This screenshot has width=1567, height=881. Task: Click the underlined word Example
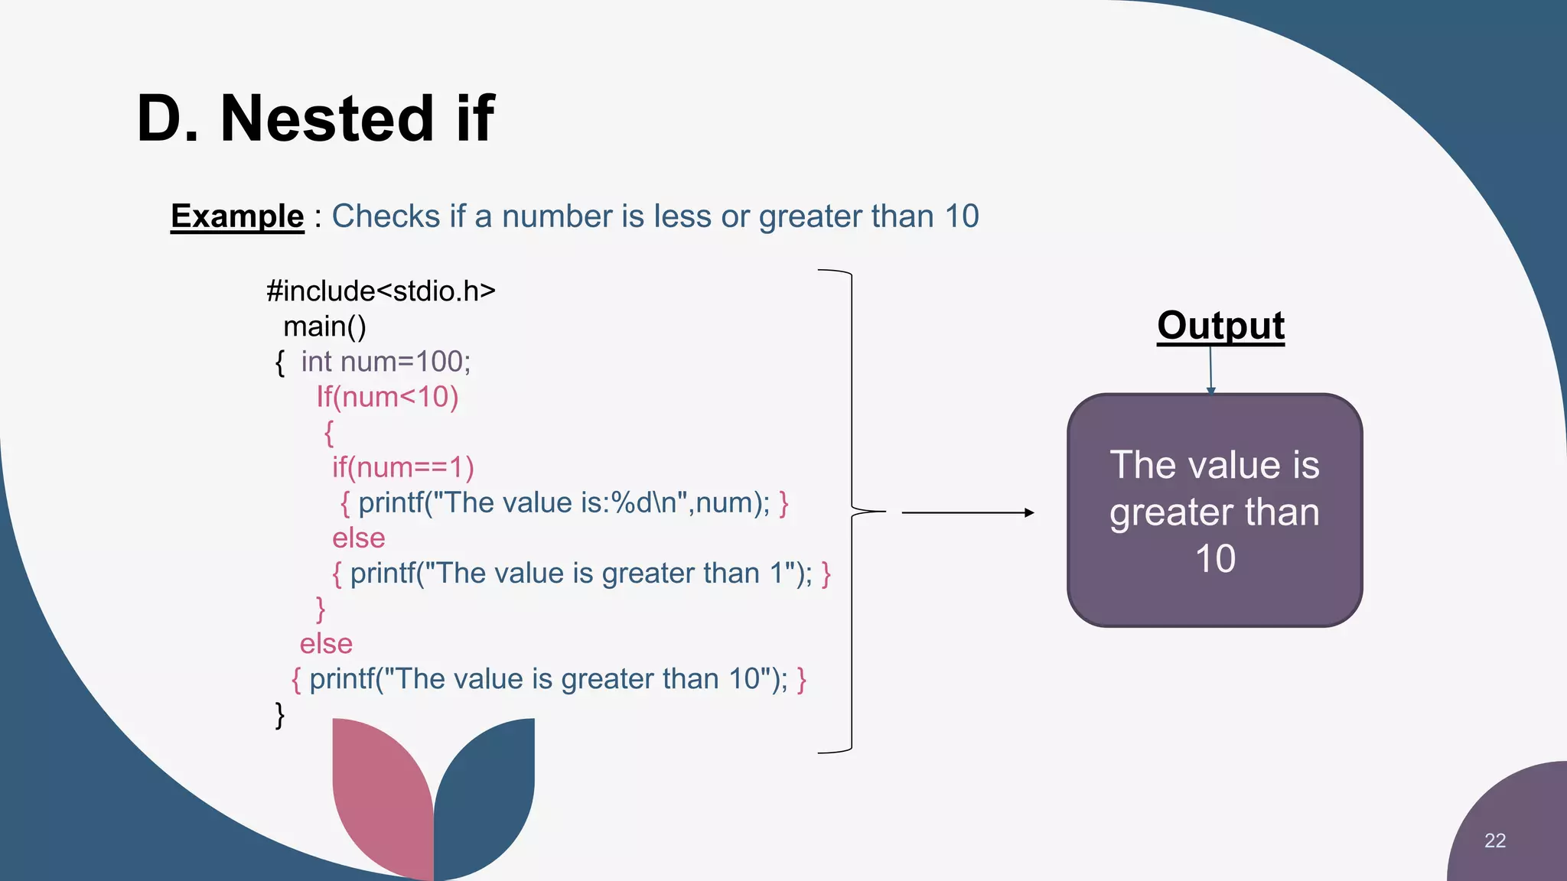237,216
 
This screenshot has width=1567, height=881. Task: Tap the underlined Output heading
1220,326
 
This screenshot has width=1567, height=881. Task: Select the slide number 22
1494,840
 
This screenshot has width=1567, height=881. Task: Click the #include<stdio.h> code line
380,291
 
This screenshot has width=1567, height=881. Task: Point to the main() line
324,327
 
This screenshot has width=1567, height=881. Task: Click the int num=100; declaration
385,362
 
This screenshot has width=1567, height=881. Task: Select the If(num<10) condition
387,397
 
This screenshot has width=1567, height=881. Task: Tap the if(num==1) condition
402,467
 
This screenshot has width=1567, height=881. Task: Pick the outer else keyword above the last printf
326,644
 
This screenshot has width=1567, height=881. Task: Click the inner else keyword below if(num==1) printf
358,538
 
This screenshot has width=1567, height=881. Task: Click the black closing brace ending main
280,715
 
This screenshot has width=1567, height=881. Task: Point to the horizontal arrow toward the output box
968,512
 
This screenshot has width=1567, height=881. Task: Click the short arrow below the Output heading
1210,371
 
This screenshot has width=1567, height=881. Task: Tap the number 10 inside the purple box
1215,559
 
